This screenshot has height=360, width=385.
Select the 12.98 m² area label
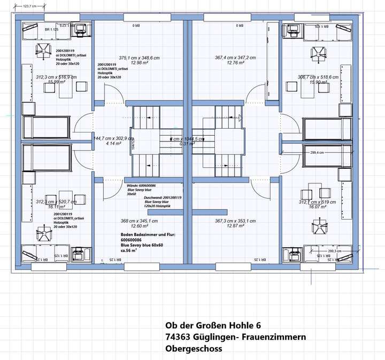[139, 63]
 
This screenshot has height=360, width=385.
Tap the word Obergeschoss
[194, 348]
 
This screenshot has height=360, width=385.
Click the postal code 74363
[179, 336]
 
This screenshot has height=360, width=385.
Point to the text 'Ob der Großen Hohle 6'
[213, 325]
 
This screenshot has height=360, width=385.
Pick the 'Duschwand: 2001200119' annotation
[163, 197]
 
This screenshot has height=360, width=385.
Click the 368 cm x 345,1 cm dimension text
[139, 220]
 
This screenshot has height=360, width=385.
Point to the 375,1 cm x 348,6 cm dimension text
[139, 57]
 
